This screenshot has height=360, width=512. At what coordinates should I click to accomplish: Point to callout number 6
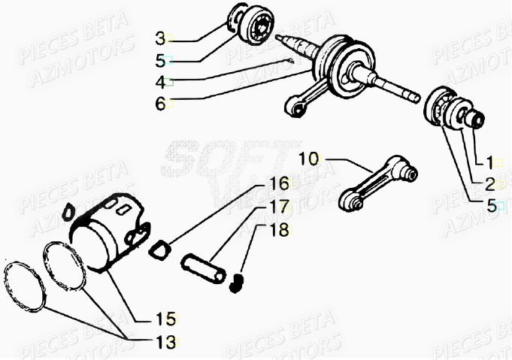(x=160, y=104)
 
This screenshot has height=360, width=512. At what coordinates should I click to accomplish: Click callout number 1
(x=489, y=162)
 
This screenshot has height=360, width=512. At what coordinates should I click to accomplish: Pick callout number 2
(x=489, y=183)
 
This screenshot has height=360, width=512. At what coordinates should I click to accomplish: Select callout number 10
(x=308, y=159)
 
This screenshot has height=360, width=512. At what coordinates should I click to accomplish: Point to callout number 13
(x=166, y=343)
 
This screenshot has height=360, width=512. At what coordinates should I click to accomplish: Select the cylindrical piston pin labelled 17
(x=204, y=270)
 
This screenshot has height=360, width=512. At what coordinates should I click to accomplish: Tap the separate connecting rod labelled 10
(x=376, y=184)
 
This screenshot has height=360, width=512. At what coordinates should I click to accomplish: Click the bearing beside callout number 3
(x=251, y=29)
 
